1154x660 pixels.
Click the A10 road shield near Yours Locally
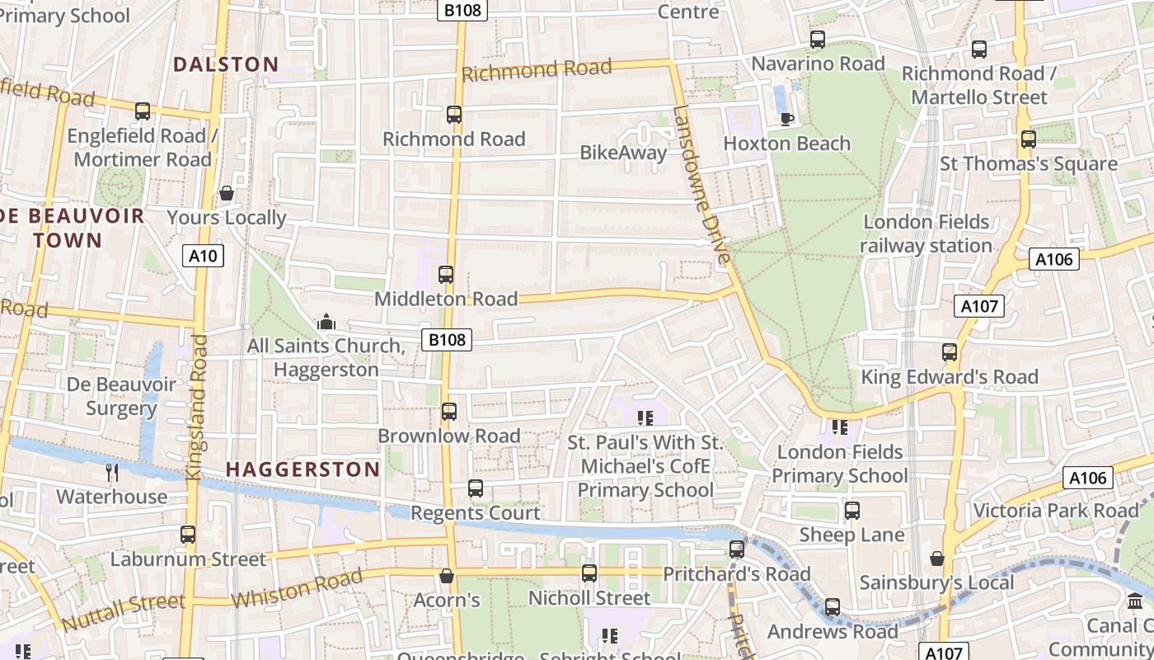pyautogui.click(x=203, y=256)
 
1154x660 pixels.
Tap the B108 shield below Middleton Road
pyautogui.click(x=447, y=339)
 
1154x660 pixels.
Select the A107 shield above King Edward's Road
pyautogui.click(x=979, y=306)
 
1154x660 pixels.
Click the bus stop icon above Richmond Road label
pyautogui.click(x=454, y=115)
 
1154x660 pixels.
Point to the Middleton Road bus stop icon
pyautogui.click(x=446, y=275)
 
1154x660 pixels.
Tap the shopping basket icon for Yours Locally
pyautogui.click(x=227, y=193)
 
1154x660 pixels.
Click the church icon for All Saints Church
pyautogui.click(x=326, y=322)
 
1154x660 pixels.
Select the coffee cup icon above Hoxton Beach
pyautogui.click(x=787, y=119)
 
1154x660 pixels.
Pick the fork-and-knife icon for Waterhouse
pyautogui.click(x=112, y=472)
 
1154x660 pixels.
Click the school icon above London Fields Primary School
pyautogui.click(x=840, y=427)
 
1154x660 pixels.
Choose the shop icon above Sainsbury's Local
pyautogui.click(x=936, y=559)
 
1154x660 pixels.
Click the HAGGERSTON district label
pyautogui.click(x=303, y=469)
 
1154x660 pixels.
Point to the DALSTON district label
pyautogui.click(x=226, y=64)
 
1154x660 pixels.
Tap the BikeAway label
pyautogui.click(x=623, y=153)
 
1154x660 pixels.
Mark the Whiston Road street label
pyautogui.click(x=297, y=587)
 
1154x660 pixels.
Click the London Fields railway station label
pyautogui.click(x=926, y=233)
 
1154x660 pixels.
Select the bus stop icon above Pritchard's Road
pyautogui.click(x=737, y=549)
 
